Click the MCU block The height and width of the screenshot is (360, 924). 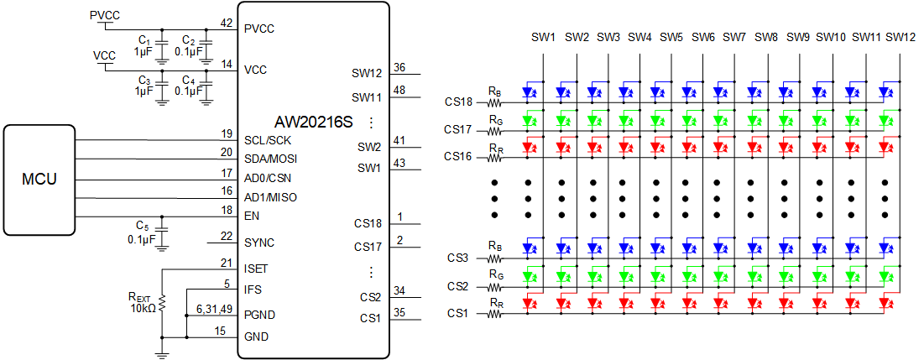pos(39,180)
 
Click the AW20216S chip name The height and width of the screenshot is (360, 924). pos(313,123)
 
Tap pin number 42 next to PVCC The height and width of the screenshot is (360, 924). pos(227,23)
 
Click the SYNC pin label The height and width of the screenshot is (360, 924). pos(259,243)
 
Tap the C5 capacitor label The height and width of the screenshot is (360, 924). pos(143,226)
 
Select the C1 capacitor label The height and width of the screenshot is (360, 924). pos(144,40)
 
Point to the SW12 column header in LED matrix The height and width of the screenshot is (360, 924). pos(900,37)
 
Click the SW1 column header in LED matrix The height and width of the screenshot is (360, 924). pos(544,37)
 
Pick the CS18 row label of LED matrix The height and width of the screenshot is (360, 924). pos(460,102)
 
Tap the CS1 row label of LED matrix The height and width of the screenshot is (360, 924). pos(457,314)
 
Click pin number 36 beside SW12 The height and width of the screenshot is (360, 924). pos(399,68)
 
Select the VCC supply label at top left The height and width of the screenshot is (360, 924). pos(104,55)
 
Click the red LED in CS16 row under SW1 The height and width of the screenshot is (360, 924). pos(529,148)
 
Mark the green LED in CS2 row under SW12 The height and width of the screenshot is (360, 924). pos(885,276)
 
